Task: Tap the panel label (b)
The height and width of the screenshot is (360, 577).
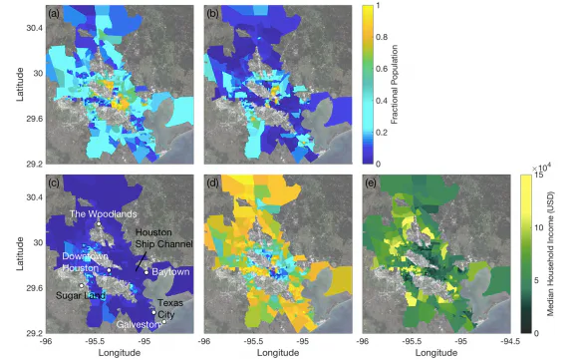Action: (212, 13)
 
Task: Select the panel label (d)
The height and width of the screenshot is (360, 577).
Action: (212, 183)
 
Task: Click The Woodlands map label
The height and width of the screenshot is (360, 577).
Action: (100, 214)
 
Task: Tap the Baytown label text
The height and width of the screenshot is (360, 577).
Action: (168, 272)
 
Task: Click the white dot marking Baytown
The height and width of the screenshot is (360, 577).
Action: (146, 272)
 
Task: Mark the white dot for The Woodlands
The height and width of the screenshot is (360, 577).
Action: (99, 224)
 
